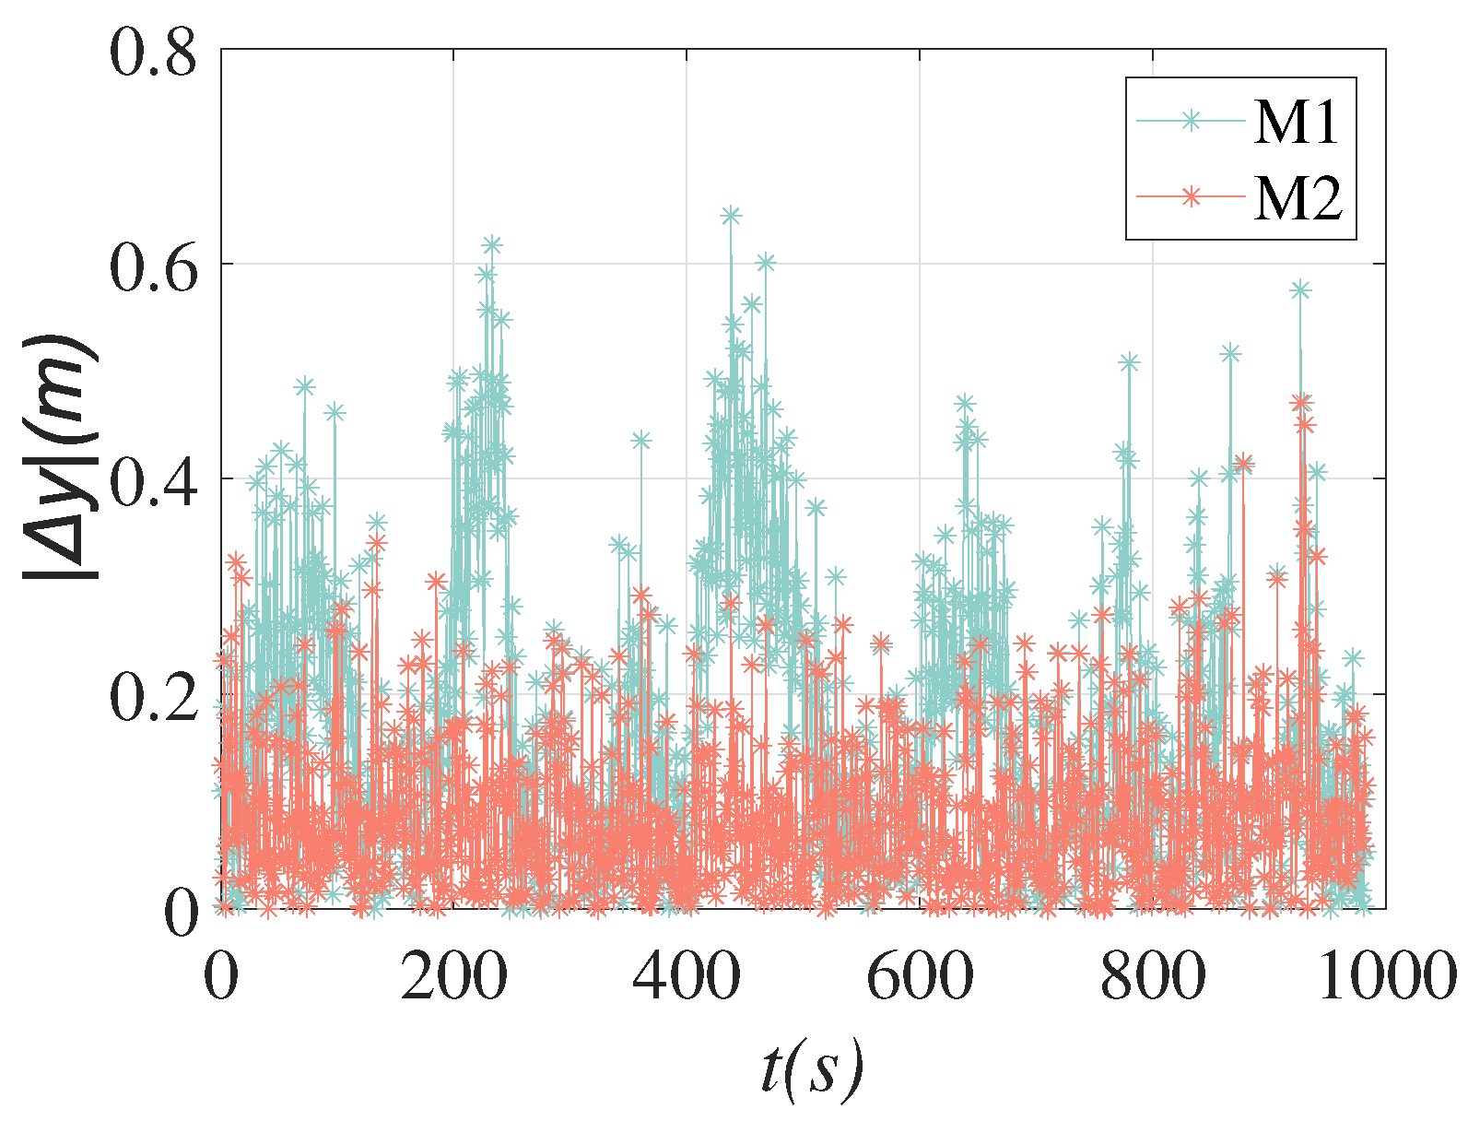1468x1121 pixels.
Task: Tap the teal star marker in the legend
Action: tap(1191, 120)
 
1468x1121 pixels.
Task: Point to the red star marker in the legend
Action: tap(1191, 195)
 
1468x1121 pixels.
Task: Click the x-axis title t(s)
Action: tap(812, 1069)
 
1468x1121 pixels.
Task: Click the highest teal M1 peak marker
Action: tap(731, 216)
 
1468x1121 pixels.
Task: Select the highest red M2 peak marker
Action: tap(1301, 403)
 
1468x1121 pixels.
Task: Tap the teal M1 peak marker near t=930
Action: tap(1300, 289)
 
